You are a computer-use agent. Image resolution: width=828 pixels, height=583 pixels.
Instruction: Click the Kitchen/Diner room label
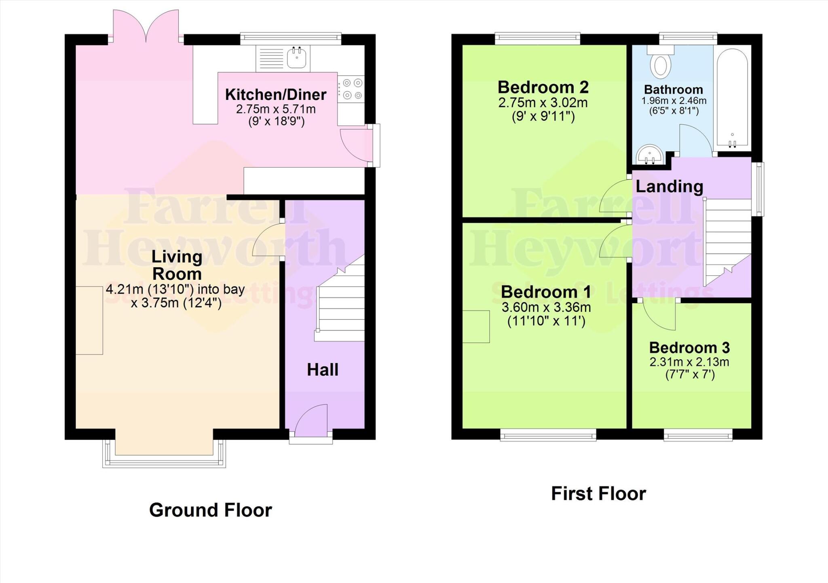[276, 95]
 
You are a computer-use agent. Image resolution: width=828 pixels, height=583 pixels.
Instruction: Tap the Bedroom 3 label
[689, 348]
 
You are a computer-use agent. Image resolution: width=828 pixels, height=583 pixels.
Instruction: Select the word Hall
[322, 370]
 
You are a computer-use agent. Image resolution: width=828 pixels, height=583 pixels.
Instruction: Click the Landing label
[669, 187]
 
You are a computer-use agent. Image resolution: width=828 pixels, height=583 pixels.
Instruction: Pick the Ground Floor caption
[211, 510]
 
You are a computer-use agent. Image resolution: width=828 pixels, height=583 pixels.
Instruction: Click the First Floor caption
[598, 494]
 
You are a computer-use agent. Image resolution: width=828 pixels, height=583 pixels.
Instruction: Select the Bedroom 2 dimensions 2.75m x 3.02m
[543, 103]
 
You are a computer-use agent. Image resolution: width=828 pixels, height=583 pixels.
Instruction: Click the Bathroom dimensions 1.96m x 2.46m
[674, 101]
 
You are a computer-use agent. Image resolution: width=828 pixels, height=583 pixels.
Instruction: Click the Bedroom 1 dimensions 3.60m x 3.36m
[546, 308]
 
